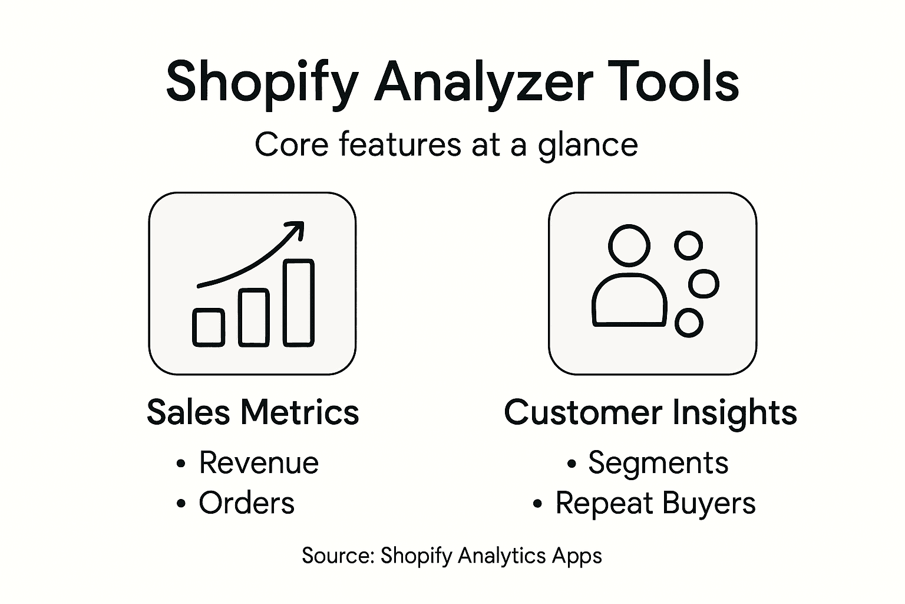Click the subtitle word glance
587,145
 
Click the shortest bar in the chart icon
209,327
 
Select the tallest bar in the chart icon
299,302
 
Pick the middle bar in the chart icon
254,317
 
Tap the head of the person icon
629,245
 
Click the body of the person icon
629,301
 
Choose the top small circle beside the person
688,245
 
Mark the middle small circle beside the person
703,284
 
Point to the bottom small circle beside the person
688,322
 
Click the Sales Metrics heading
253,412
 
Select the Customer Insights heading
650,412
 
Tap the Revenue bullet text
259,462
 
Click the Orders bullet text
246,503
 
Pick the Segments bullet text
658,462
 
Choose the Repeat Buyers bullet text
655,503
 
